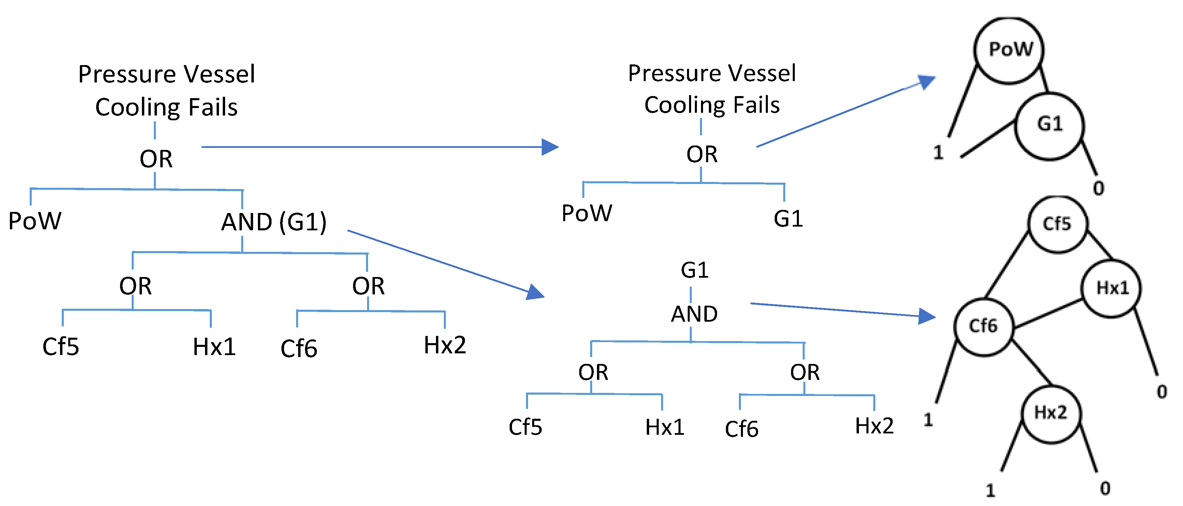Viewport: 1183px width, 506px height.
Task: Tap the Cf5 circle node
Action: click(x=1057, y=224)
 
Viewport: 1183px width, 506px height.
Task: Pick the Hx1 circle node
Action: click(x=1112, y=288)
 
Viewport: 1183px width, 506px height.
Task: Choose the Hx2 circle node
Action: click(x=1051, y=413)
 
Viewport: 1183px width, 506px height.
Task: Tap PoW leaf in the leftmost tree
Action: click(x=35, y=221)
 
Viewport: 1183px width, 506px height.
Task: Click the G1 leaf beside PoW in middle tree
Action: click(x=788, y=219)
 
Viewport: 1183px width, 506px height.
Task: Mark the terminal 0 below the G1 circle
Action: click(x=1098, y=188)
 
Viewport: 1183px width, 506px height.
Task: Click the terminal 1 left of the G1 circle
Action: click(x=938, y=152)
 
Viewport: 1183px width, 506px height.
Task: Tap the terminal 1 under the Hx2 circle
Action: click(x=990, y=490)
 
